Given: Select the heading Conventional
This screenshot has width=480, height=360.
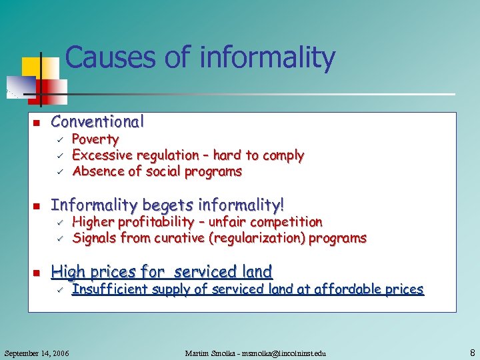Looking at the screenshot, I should pyautogui.click(x=97, y=122).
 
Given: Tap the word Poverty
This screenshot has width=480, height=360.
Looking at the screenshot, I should pyautogui.click(x=95, y=139).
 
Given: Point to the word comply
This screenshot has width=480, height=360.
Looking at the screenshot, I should pyautogui.click(x=283, y=155).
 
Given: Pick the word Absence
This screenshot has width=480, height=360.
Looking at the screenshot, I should pyautogui.click(x=95, y=171).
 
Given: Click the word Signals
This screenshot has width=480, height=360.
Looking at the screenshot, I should pyautogui.click(x=93, y=238).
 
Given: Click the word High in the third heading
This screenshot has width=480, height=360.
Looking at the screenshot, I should pyautogui.click(x=67, y=272).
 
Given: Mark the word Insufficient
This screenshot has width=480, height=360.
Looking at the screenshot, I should pyautogui.click(x=109, y=289).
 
